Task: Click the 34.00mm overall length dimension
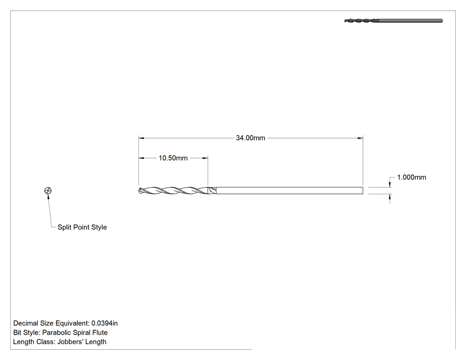point(251,138)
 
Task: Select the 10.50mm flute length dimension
point(173,158)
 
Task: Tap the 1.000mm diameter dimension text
point(411,178)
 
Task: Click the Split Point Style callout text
point(82,227)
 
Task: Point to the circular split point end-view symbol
point(48,190)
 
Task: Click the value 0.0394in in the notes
point(105,323)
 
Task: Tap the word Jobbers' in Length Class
point(69,342)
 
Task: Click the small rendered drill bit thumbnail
point(393,21)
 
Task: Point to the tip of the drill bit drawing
point(139,190)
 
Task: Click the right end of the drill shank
point(363,190)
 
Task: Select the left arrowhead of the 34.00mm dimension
point(142,138)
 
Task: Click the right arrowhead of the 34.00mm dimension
point(360,138)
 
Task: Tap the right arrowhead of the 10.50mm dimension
point(205,158)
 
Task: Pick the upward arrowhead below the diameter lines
point(390,197)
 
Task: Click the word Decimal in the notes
point(25,323)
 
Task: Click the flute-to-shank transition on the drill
point(212,190)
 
